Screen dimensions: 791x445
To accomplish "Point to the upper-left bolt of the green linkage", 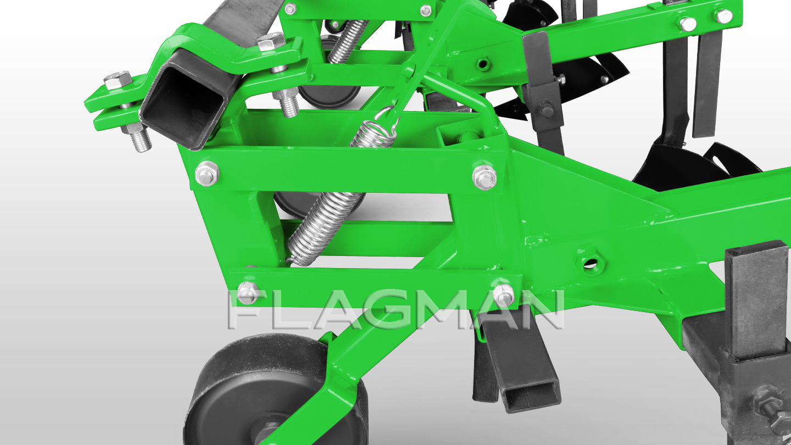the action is click(x=207, y=174).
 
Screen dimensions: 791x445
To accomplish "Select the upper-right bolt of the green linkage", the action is click(x=484, y=177).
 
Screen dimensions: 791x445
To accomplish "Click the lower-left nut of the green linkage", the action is click(x=248, y=293).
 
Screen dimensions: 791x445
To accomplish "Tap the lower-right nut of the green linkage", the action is click(x=503, y=295).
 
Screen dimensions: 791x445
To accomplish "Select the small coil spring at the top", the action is click(x=348, y=41).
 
